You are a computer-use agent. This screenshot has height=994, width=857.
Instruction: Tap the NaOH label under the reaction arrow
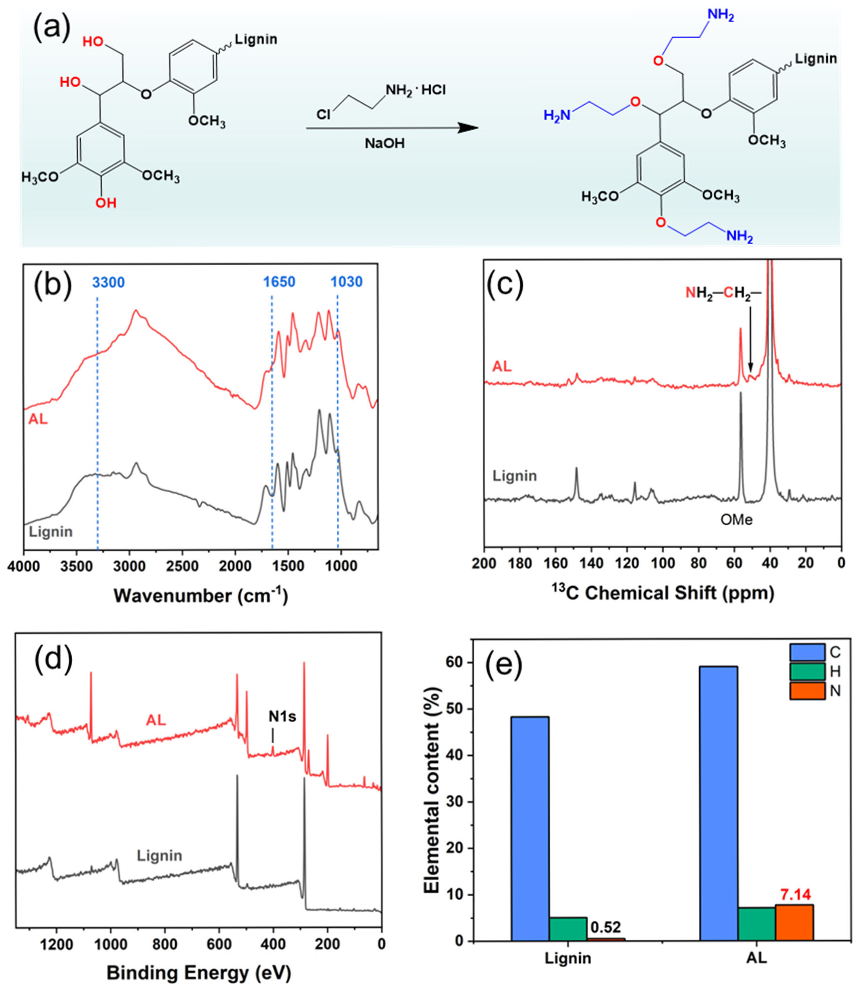pyautogui.click(x=385, y=143)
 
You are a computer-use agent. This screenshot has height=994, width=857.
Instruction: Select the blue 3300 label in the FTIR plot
pyautogui.click(x=108, y=282)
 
